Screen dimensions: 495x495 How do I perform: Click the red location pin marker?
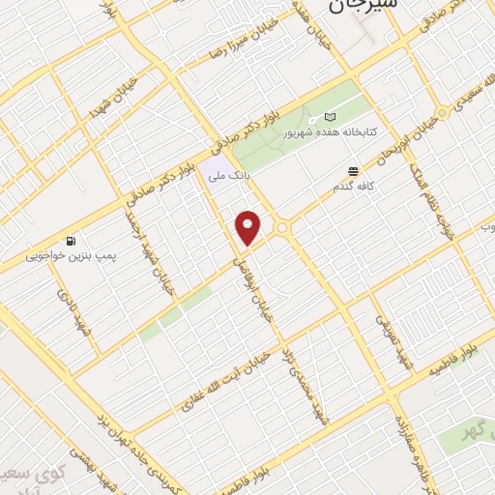tap(249, 227)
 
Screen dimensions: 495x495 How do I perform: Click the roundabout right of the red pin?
tap(283, 228)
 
